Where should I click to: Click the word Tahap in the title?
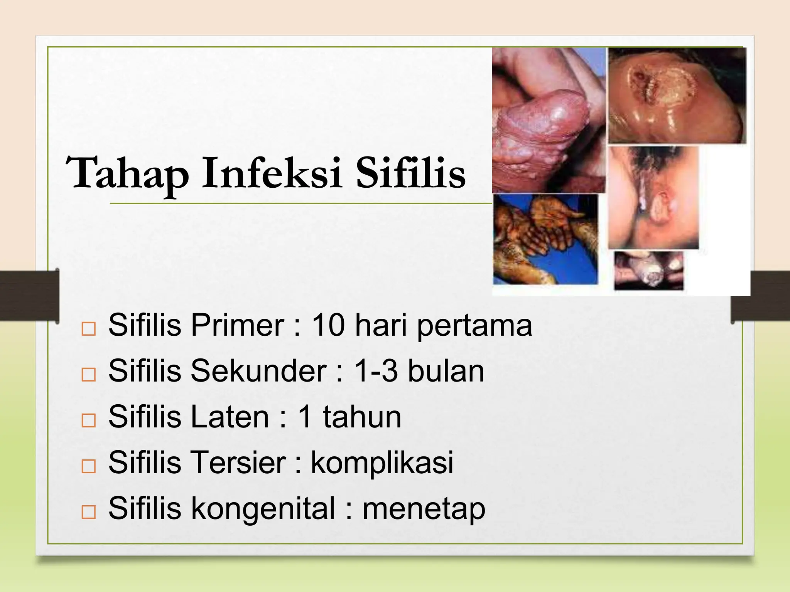[x=127, y=173]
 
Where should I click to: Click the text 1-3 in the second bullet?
[x=376, y=371]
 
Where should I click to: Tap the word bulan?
[x=446, y=371]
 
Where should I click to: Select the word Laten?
[x=230, y=417]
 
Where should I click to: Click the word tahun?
[x=362, y=417]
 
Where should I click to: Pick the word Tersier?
[x=238, y=462]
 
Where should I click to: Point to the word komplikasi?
[x=382, y=463]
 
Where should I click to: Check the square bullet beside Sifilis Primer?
[x=89, y=329]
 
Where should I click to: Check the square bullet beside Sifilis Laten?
[x=89, y=420]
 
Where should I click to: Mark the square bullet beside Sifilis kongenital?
[x=89, y=512]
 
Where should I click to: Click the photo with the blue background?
[x=545, y=239]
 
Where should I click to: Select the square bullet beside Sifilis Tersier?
[x=89, y=466]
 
